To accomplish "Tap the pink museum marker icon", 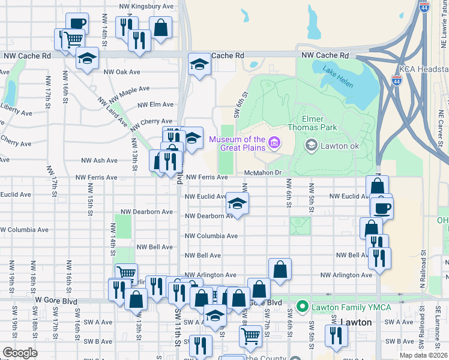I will point(274,142).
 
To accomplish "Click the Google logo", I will point(20,352).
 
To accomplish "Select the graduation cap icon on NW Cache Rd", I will point(199,64).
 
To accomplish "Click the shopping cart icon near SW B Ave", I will point(250,335).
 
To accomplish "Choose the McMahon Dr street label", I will point(263,173).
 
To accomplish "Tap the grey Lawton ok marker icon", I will point(311,145).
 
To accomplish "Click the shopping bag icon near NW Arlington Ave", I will point(280,269).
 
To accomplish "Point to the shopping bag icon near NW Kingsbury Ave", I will point(161,27).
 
